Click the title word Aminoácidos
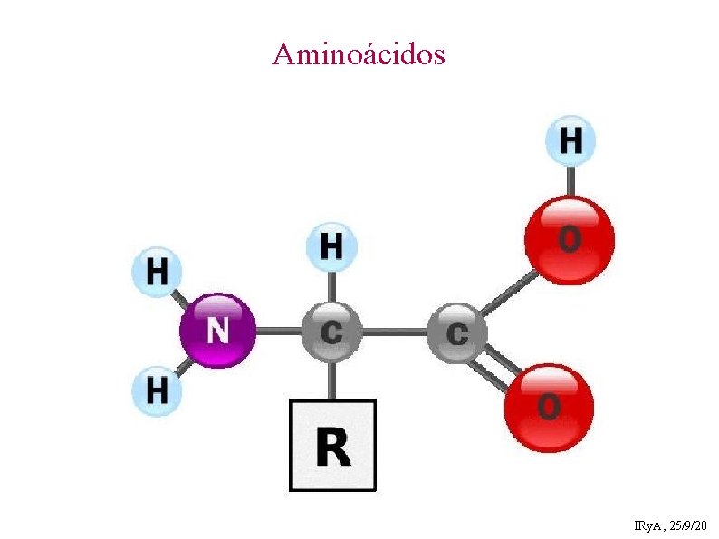[x=359, y=54]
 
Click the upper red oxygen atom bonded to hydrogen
[x=570, y=240]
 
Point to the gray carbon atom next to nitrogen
[x=331, y=332]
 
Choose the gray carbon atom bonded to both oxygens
[x=456, y=332]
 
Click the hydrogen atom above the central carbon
[x=331, y=246]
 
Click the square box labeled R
[x=331, y=445]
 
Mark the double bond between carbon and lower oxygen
[x=495, y=370]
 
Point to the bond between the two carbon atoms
[x=394, y=332]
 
